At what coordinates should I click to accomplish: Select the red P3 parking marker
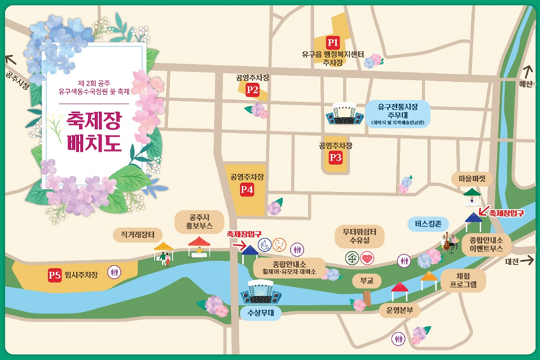336,157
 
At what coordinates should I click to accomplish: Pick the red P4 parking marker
246,190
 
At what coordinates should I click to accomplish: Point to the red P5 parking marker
55,275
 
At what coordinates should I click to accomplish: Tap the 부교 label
367,279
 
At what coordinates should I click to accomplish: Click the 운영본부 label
399,311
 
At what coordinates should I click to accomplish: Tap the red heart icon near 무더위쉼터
367,257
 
